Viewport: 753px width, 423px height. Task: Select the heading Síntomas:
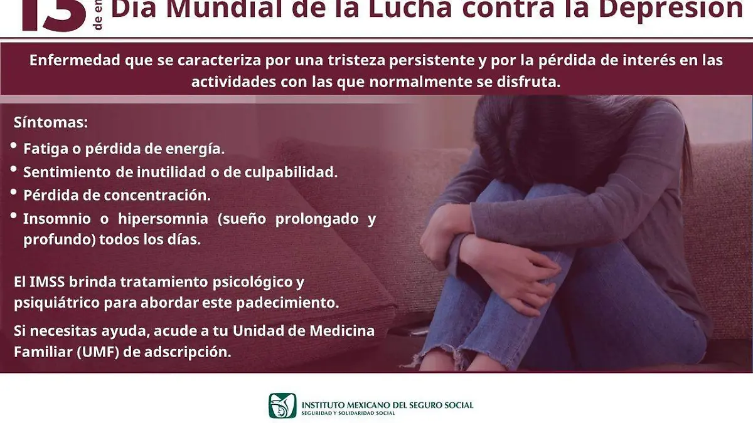[x=50, y=123]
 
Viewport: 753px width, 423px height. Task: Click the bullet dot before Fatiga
[x=14, y=145]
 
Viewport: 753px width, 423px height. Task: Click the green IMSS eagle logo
[x=282, y=405]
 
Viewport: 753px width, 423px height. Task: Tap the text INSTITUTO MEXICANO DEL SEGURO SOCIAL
[x=387, y=404]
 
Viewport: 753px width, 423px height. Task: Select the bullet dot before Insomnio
[x=14, y=216]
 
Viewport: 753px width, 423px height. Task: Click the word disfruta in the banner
[x=527, y=82]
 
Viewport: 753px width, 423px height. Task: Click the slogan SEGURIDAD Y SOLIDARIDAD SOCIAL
[x=348, y=413]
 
